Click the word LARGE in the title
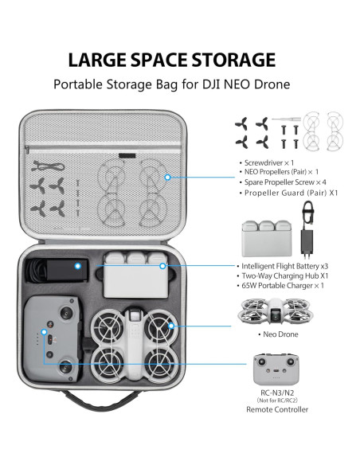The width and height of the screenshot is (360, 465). tap(98, 60)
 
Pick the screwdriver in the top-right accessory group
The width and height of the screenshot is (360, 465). tap(283, 119)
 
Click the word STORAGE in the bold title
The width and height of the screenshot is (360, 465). tap(232, 60)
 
